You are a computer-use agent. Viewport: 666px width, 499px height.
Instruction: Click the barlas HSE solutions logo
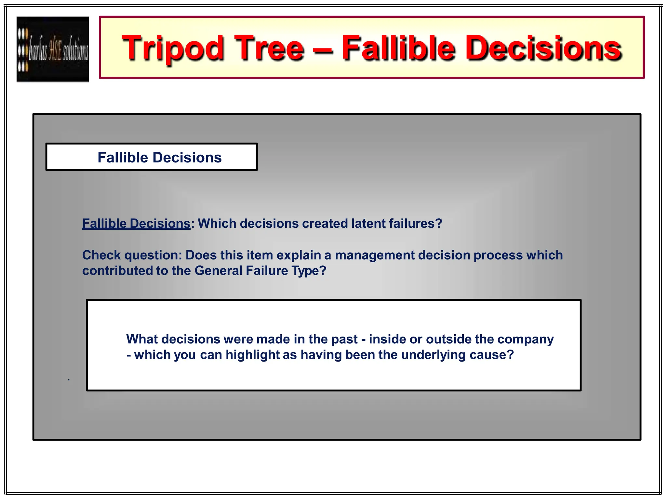coord(53,49)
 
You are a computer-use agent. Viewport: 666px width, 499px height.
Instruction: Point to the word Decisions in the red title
coord(543,48)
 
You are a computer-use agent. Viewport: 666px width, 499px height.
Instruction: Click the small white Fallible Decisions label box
coord(152,157)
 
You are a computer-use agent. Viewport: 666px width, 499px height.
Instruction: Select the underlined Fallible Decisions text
coord(136,224)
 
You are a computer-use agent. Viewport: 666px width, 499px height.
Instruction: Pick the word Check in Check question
coord(101,255)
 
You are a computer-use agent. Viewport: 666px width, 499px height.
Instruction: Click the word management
coord(375,255)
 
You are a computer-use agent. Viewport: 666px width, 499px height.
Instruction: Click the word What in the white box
coord(142,339)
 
